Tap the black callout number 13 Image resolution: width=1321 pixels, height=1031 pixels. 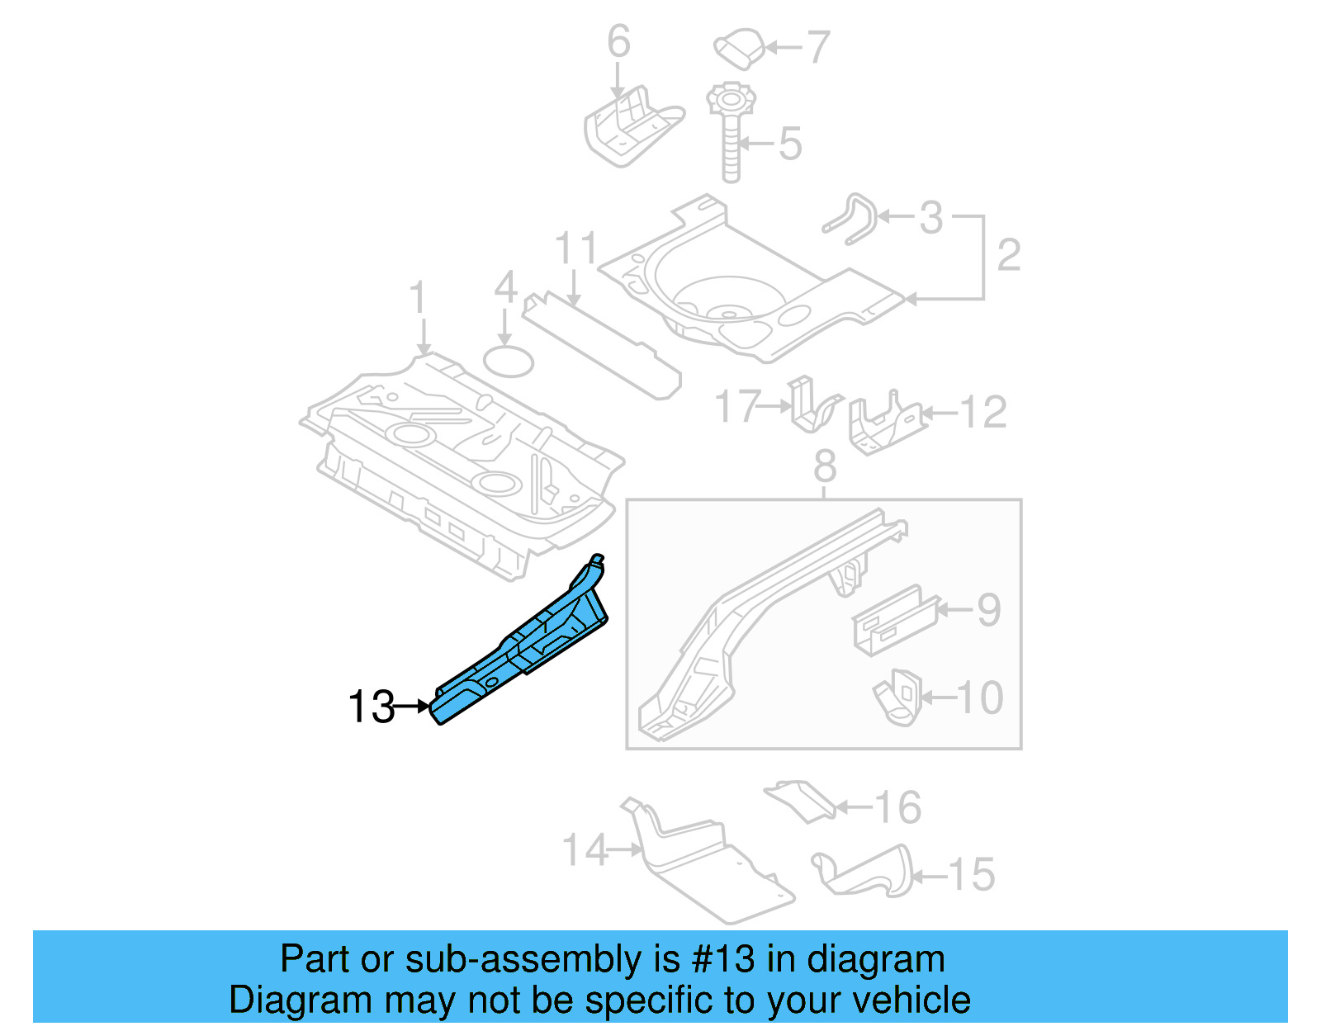tap(371, 707)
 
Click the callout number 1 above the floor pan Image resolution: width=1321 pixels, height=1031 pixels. tap(419, 297)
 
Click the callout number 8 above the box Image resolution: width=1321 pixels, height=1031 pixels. tap(825, 466)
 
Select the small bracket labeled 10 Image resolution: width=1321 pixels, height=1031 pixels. tap(897, 698)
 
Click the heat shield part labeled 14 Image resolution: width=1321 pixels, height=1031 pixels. tap(710, 867)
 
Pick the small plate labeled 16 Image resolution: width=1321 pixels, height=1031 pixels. tap(799, 799)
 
